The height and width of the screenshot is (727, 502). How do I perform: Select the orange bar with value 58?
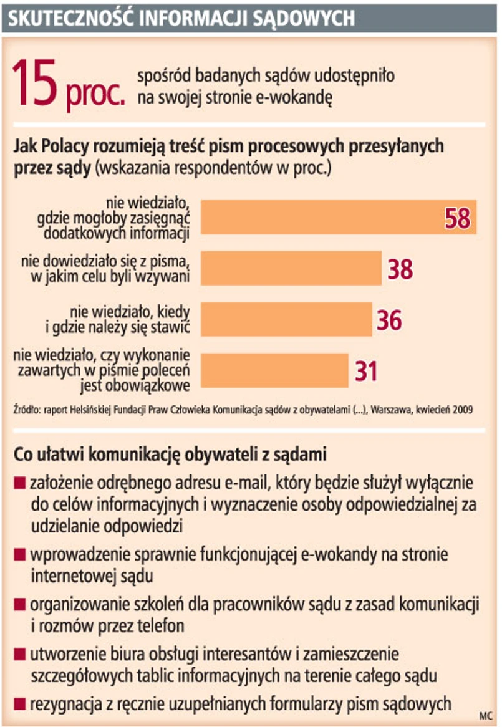coord(324,217)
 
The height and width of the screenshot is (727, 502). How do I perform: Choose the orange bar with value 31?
coord(274,370)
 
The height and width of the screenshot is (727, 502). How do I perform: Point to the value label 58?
coord(457,218)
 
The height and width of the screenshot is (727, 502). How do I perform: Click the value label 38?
coord(400,269)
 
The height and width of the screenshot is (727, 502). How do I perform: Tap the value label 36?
coord(389,320)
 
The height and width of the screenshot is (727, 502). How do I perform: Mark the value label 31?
coord(366,371)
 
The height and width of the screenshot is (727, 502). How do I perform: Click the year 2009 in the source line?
coord(463,410)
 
